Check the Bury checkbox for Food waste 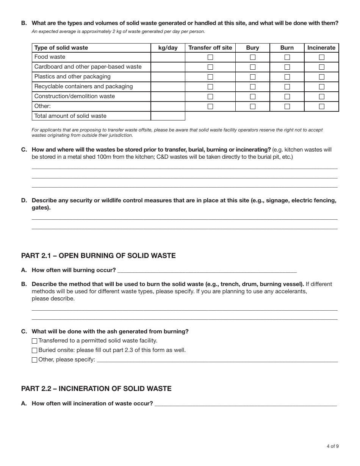pyautogui.click(x=253, y=57)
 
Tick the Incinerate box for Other pyautogui.click(x=321, y=106)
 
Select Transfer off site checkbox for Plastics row pyautogui.click(x=210, y=77)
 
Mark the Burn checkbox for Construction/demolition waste pyautogui.click(x=287, y=97)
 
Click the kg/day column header pyautogui.click(x=168, y=48)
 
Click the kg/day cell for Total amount pyautogui.click(x=168, y=116)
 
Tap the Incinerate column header pyautogui.click(x=321, y=48)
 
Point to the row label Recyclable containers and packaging pyautogui.click(x=83, y=86)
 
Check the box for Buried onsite pyautogui.click(x=34, y=350)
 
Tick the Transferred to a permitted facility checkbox pyautogui.click(x=34, y=341)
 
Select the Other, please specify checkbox pyautogui.click(x=34, y=360)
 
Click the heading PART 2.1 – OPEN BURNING pyautogui.click(x=98, y=256)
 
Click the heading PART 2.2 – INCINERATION pyautogui.click(x=96, y=389)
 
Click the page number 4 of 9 pyautogui.click(x=332, y=446)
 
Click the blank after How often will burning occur pyautogui.click(x=207, y=271)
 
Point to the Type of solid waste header pyautogui.click(x=61, y=48)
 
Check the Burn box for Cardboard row pyautogui.click(x=287, y=67)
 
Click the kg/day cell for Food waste pyautogui.click(x=168, y=57)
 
